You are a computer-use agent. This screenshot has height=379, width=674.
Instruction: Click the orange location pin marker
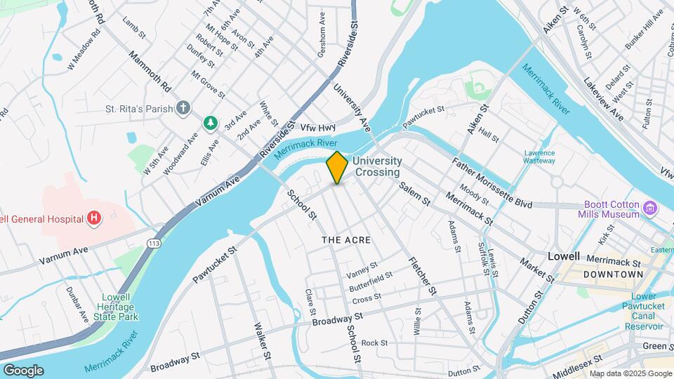(x=337, y=167)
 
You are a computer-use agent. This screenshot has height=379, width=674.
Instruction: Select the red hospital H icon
(x=93, y=219)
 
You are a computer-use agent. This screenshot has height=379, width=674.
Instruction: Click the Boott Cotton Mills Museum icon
(x=650, y=208)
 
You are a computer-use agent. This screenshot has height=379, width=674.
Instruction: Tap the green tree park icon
(x=209, y=123)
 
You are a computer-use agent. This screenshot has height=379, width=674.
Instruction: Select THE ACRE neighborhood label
(x=345, y=240)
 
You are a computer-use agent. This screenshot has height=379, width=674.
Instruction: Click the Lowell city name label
(x=564, y=256)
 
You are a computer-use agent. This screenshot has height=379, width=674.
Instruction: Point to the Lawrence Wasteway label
(x=539, y=157)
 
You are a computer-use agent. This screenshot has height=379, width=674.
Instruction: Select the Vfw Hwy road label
(x=318, y=128)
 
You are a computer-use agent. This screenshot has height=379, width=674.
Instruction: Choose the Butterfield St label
(x=371, y=280)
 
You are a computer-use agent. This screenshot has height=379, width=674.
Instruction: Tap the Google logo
(x=23, y=371)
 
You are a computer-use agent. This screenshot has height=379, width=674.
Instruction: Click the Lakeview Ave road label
(x=603, y=100)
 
